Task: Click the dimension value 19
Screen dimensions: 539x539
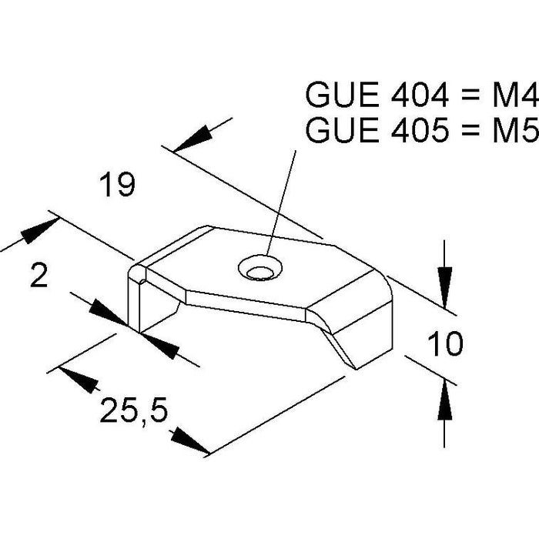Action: pos(117,186)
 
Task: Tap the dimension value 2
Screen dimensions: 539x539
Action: pos(38,275)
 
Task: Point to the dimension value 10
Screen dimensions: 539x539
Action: pos(444,344)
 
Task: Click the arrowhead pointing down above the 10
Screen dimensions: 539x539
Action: pos(444,278)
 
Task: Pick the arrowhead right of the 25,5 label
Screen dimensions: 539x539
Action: pos(189,440)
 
